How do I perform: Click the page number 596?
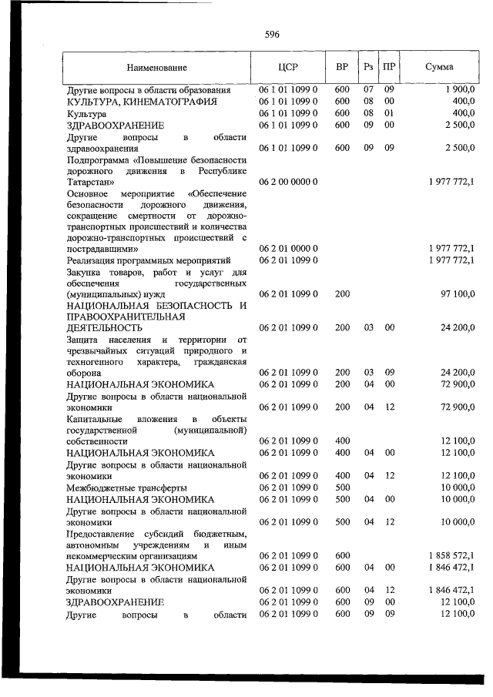pyautogui.click(x=271, y=35)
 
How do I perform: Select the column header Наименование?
pyautogui.click(x=157, y=68)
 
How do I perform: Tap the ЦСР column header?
pyautogui.click(x=287, y=68)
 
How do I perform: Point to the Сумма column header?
pyautogui.click(x=439, y=68)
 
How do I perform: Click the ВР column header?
pyautogui.click(x=342, y=68)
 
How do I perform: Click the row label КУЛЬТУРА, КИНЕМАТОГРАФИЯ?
pyautogui.click(x=141, y=101)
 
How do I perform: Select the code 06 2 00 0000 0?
pyautogui.click(x=288, y=182)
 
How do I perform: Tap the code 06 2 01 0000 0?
pyautogui.click(x=288, y=249)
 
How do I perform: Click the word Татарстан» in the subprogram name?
pyautogui.click(x=91, y=182)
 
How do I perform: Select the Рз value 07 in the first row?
pyautogui.click(x=368, y=89)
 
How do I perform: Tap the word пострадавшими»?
pyautogui.click(x=102, y=249)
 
